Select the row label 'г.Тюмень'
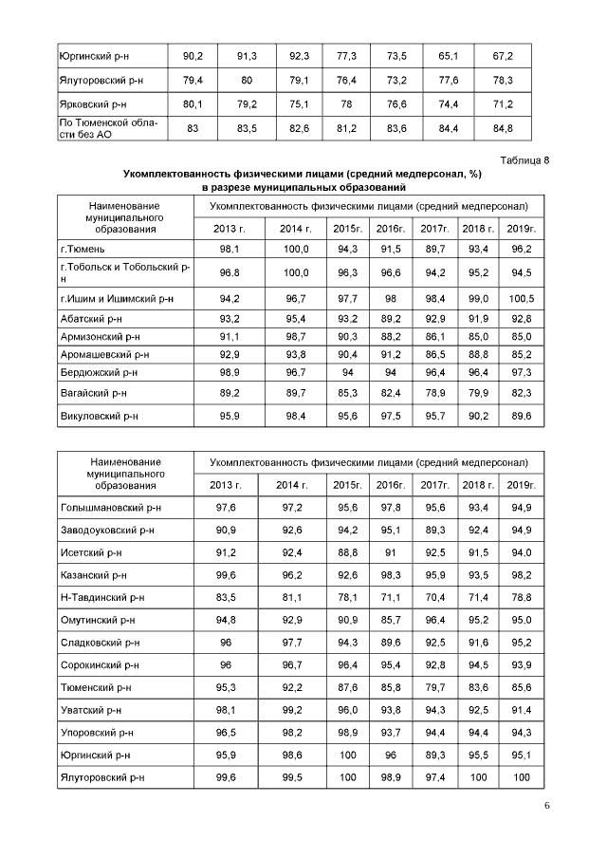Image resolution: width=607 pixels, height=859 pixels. click(x=80, y=249)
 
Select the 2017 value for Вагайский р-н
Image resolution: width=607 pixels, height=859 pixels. click(x=434, y=392)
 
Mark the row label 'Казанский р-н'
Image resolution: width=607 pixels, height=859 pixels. click(x=92, y=575)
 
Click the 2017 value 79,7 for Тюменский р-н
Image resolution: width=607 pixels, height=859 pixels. click(x=434, y=687)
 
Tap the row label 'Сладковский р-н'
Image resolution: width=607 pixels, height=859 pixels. click(x=97, y=643)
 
